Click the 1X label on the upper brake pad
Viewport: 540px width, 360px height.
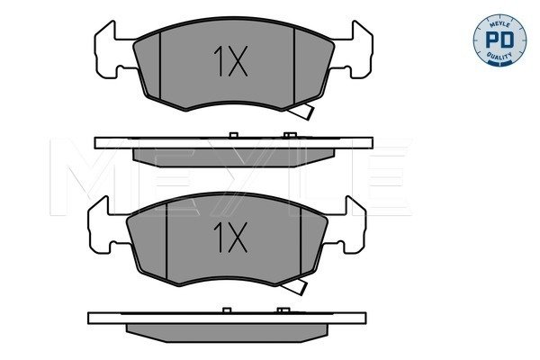click(x=230, y=61)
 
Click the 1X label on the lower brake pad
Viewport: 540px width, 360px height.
click(x=230, y=237)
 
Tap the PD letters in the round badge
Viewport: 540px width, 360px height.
click(x=499, y=40)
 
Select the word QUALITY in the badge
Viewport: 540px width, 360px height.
click(x=499, y=56)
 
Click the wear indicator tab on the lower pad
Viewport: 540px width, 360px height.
click(x=293, y=286)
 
